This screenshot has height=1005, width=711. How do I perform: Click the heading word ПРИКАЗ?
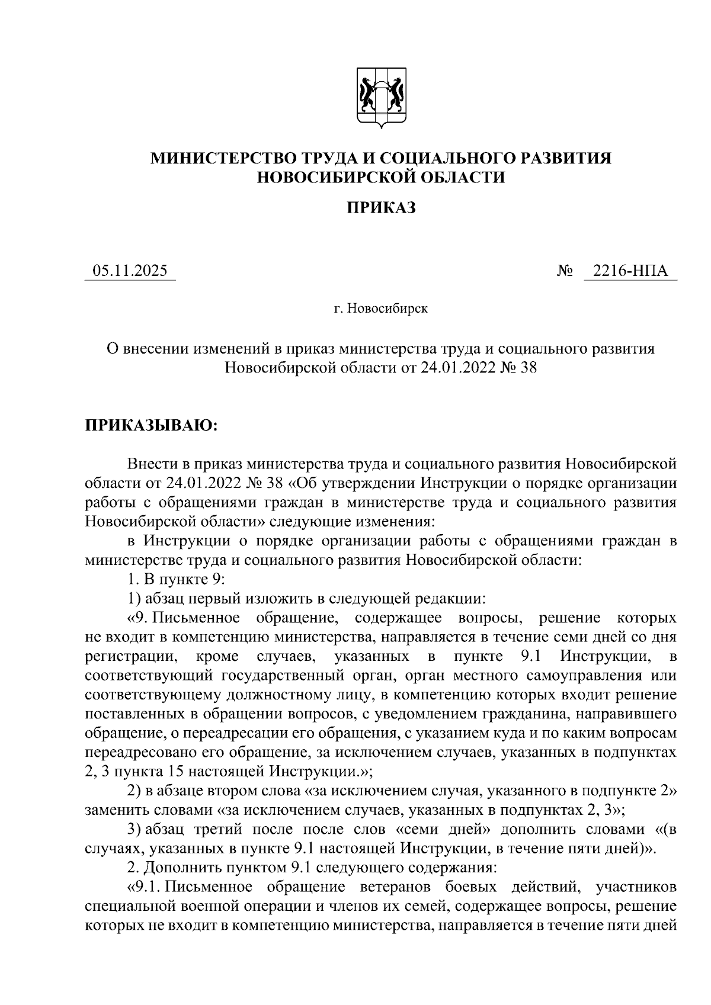pyautogui.click(x=381, y=207)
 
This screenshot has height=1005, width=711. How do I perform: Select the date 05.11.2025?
pyautogui.click(x=130, y=271)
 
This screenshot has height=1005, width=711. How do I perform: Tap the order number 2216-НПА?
pyautogui.click(x=630, y=271)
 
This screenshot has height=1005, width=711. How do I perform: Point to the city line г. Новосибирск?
pyautogui.click(x=380, y=309)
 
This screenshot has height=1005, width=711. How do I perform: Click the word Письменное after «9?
pyautogui.click(x=196, y=618)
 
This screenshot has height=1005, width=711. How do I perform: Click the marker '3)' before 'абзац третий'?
pyautogui.click(x=133, y=829)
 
